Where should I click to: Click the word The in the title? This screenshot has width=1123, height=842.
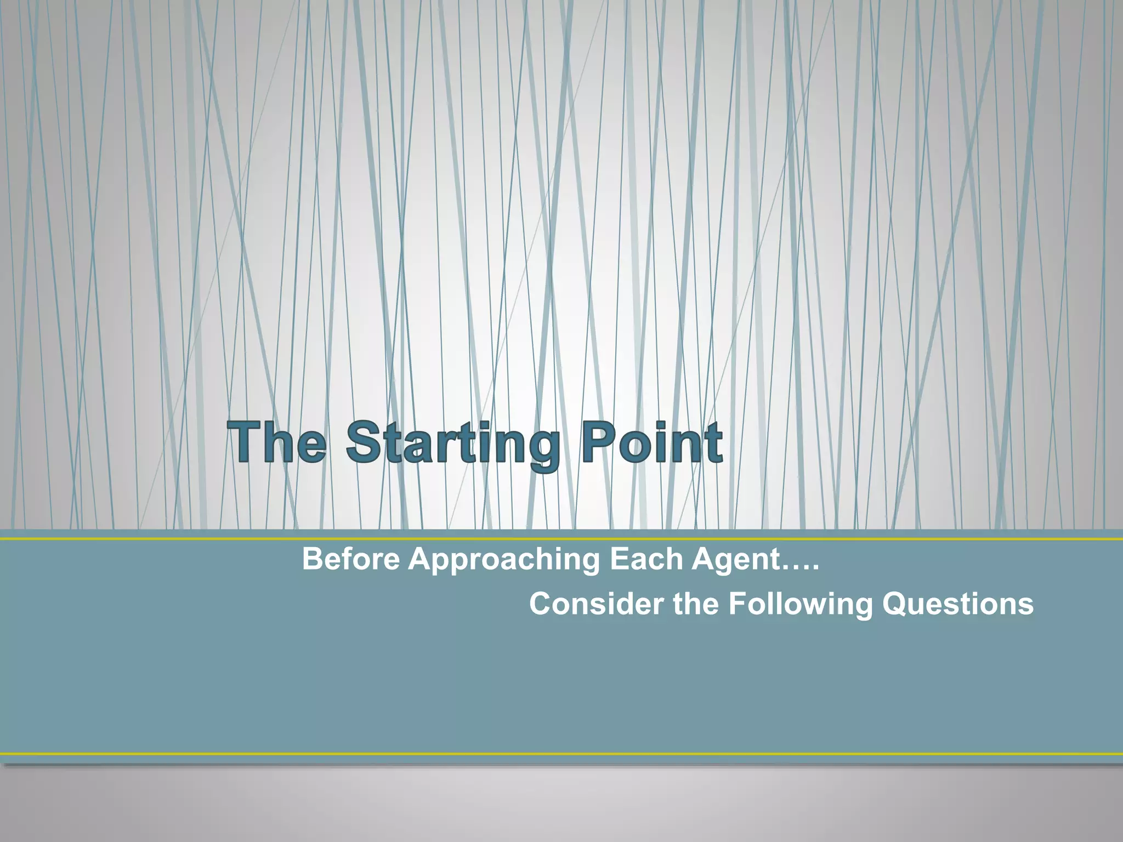pyautogui.click(x=277, y=443)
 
